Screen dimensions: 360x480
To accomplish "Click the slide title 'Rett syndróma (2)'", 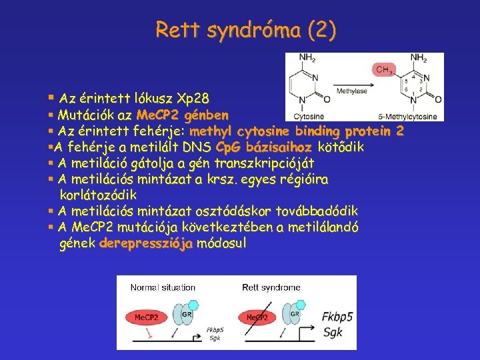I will click(245, 30).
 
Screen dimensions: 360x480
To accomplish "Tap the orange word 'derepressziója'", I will click(145, 243).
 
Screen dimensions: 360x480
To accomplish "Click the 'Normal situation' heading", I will click(163, 288).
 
